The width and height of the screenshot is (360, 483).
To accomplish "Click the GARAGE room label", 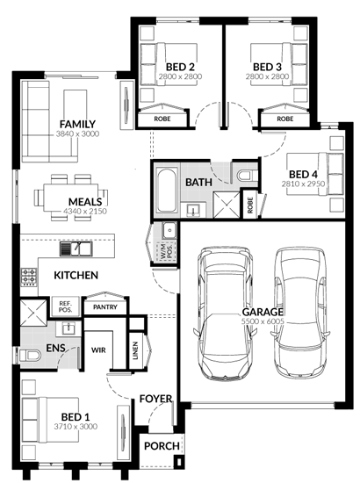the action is point(263,312).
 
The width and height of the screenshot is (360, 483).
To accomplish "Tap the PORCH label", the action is point(162,446).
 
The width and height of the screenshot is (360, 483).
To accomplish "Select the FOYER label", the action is point(155,399).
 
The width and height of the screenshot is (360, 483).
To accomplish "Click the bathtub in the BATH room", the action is point(167,190).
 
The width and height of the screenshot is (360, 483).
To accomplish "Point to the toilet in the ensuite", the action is point(30,356).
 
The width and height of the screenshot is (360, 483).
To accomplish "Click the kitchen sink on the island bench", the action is point(76,249).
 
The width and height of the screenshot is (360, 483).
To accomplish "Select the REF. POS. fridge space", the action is point(65,306).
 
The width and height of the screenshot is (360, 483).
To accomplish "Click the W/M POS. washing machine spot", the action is point(166,251).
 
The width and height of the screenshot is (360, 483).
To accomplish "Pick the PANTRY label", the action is point(105,307).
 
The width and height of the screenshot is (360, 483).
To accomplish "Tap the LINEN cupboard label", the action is point(135,350).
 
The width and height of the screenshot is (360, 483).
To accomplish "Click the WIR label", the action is point(98,350).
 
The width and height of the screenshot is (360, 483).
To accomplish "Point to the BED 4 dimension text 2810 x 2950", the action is point(303,184).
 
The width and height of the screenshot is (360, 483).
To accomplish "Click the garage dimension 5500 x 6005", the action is point(263,321).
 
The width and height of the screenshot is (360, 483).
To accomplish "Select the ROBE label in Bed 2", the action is point(162,119).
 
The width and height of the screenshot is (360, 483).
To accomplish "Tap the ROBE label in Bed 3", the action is point(285,119).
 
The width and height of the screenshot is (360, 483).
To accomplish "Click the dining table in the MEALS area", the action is point(71,198).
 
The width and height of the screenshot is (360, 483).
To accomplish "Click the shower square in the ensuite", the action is point(33,313).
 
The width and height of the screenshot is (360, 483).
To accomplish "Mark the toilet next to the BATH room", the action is point(247,176).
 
